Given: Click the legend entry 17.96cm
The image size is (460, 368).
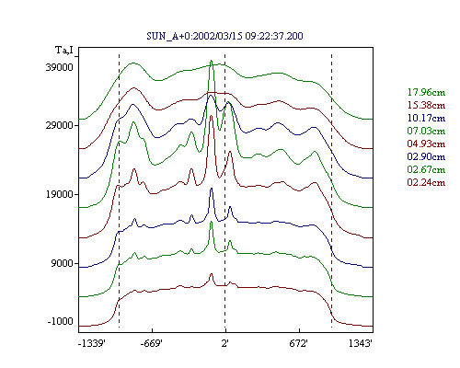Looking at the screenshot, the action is pos(426,92).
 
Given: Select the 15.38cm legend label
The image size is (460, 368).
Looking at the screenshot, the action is pos(426,105).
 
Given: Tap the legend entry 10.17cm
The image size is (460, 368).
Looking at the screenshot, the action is pos(426,118).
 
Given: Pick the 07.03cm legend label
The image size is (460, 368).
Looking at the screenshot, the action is pos(426,131).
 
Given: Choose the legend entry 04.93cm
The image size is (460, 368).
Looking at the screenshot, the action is pos(426,144).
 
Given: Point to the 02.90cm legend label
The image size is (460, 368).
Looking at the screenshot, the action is pos(426,156).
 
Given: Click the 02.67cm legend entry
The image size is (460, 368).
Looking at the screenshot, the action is pos(426,169).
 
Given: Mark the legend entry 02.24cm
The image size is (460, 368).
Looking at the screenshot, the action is pos(426,182).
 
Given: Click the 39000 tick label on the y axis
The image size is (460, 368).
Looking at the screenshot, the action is pos(60,67).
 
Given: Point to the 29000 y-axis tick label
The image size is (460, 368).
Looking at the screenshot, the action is pos(60,125).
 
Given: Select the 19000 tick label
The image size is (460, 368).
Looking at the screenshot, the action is pos(60,194).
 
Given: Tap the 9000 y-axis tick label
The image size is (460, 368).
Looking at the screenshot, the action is pos(63,263).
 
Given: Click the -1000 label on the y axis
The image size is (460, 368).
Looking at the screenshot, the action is pos(61,321).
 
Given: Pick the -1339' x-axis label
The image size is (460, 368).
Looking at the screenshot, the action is pos(92,343).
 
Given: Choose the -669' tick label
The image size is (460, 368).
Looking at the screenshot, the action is pos(151,343).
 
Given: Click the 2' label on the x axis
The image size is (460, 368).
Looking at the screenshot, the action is pos(225,343).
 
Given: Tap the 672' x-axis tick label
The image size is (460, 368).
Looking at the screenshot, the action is pos(298,343).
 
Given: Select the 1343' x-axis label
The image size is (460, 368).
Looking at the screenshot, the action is pos(361,343).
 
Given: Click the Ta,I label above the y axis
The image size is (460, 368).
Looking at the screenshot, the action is pos(64,50).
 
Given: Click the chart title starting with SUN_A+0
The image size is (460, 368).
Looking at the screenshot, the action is pos(224,36).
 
